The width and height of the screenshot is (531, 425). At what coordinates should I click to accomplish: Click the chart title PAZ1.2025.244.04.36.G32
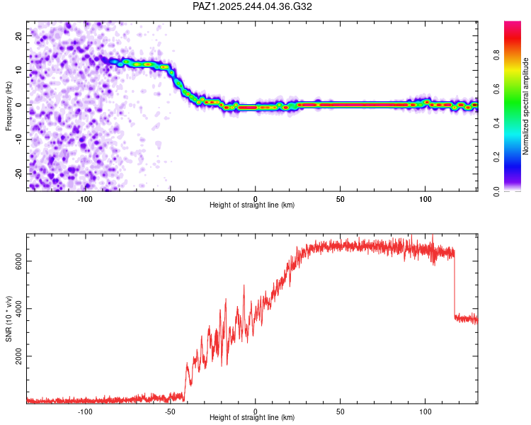point(253,6)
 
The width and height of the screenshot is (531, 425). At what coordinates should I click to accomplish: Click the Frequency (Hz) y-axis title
point(9,106)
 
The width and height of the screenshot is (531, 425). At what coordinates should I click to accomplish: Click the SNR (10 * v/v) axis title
point(9,317)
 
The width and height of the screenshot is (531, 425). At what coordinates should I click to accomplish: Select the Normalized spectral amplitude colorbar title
point(525,106)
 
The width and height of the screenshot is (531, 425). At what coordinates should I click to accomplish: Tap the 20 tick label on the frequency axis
point(19,35)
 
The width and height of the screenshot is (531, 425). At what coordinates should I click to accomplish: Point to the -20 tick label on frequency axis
point(18,174)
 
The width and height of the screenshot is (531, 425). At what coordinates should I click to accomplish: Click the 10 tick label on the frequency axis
point(19,70)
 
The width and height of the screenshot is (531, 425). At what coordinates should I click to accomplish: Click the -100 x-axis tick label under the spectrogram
point(85,198)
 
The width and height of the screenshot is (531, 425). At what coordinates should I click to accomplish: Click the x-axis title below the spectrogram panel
point(253,205)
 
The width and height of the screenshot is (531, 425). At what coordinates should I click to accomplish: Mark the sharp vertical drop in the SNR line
point(454,283)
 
